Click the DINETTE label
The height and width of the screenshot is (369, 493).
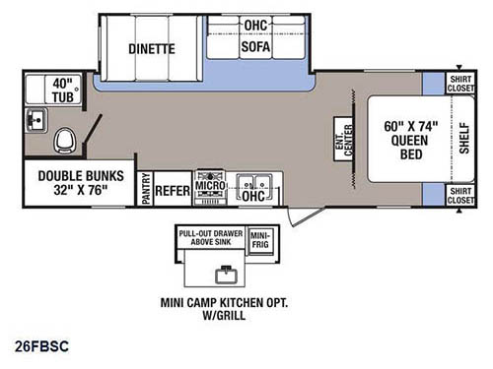[151, 47]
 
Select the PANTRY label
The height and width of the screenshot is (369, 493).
[144, 187]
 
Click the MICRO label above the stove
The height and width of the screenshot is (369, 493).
[209, 184]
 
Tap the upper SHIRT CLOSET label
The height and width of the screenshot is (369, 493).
[459, 84]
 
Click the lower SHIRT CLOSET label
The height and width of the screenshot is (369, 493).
[459, 195]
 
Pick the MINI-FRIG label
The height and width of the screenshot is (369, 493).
[258, 237]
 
